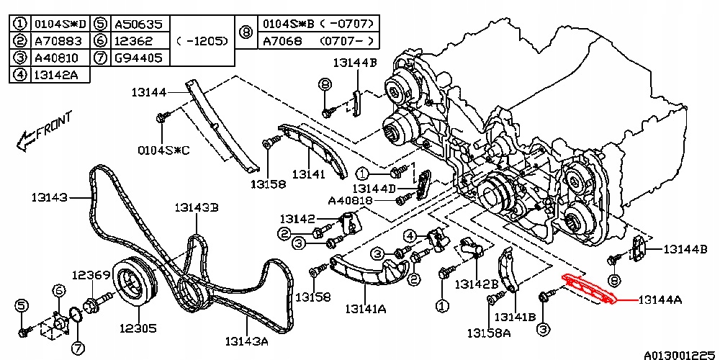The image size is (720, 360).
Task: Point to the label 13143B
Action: (196, 208)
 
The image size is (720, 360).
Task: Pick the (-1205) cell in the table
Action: (202, 40)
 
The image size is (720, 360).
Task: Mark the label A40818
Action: (350, 200)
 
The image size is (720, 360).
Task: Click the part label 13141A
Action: (365, 309)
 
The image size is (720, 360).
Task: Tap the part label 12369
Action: (90, 274)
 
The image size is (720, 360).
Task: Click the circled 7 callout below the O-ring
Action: (78, 348)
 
